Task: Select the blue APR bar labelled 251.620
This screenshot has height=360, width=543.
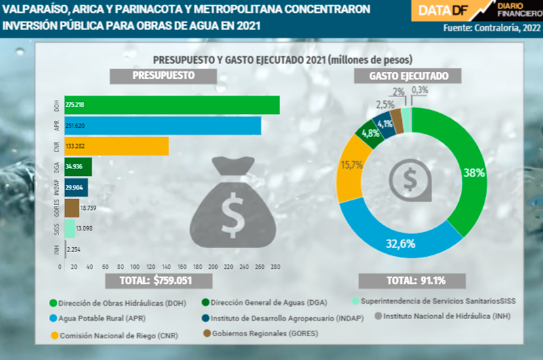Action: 163,126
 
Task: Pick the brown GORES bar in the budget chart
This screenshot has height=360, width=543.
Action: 72,207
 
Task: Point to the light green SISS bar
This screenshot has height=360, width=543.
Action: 69,228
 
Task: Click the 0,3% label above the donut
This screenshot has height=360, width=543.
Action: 419,90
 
